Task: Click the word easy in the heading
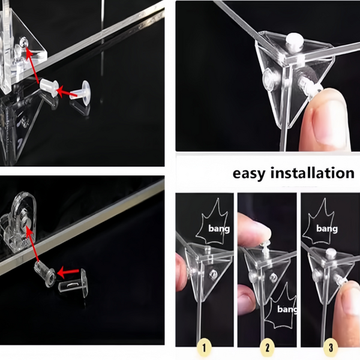(x=248, y=173)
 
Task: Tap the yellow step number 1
(x=205, y=347)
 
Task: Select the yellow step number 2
(x=267, y=347)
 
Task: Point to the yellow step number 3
(x=331, y=347)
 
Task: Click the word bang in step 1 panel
(x=219, y=229)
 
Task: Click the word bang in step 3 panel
(x=327, y=229)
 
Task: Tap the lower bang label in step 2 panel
(x=287, y=309)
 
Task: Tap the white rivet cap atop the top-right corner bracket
(x=295, y=41)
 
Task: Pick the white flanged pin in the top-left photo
(x=80, y=92)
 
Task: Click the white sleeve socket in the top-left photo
(x=49, y=88)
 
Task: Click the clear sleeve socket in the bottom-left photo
(x=45, y=274)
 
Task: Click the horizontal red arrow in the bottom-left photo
(x=68, y=272)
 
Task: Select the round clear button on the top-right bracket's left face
(x=272, y=79)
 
